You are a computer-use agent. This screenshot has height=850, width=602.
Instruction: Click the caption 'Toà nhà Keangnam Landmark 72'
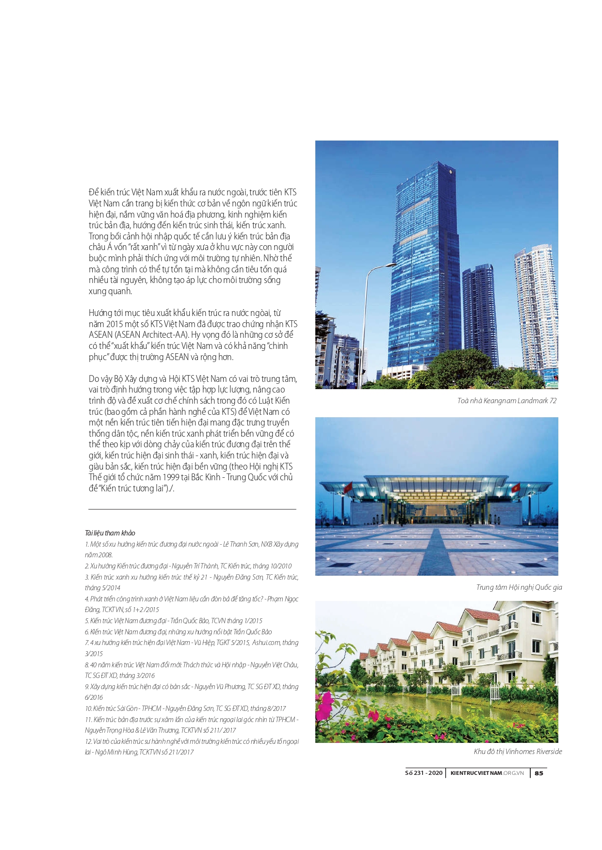click(506, 401)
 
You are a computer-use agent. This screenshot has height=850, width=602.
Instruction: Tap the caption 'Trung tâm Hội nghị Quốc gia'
click(519, 587)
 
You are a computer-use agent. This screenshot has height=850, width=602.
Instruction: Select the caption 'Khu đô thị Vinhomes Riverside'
click(518, 752)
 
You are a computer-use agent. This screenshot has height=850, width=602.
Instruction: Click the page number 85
click(539, 773)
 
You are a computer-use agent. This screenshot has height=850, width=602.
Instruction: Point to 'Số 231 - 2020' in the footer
click(423, 773)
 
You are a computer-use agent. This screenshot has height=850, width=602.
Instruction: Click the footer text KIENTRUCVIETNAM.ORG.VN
click(487, 773)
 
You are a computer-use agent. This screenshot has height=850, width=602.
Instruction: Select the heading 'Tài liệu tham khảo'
click(110, 533)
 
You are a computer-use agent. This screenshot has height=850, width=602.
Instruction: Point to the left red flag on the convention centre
click(347, 486)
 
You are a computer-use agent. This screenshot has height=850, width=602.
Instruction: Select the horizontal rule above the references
click(192, 509)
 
